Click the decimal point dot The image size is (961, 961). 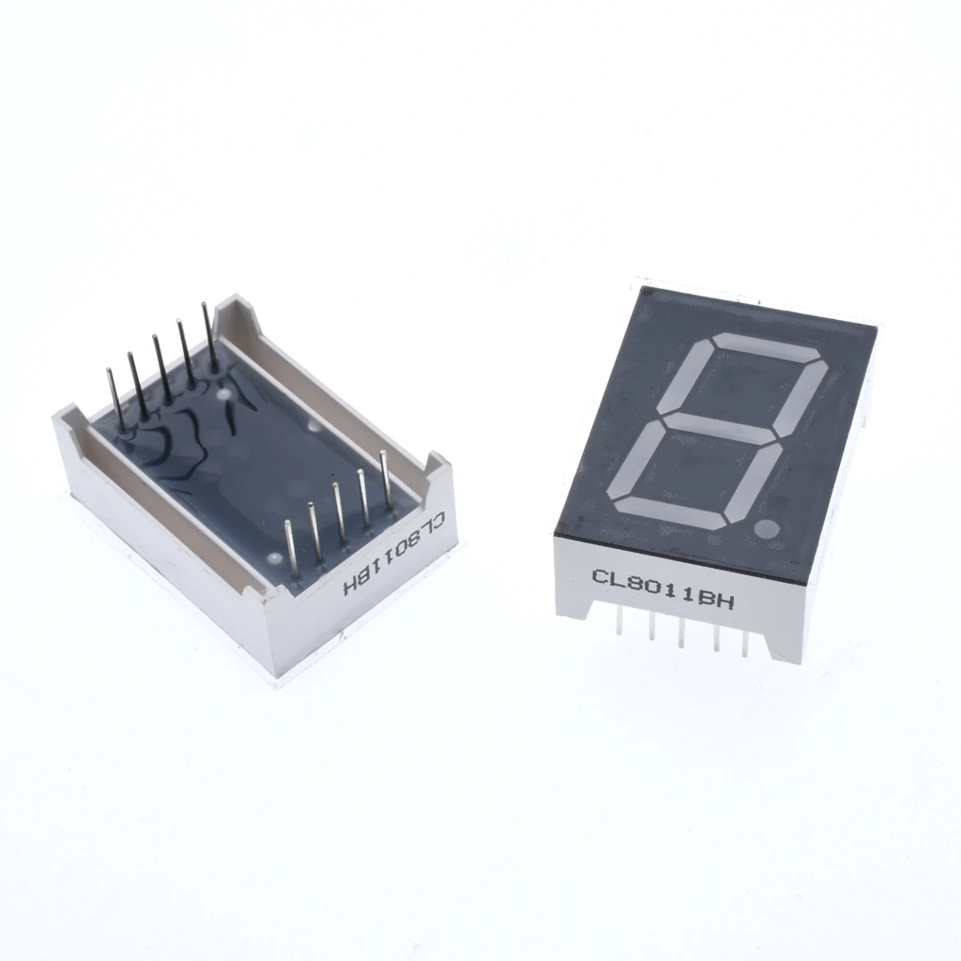click(x=766, y=528)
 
